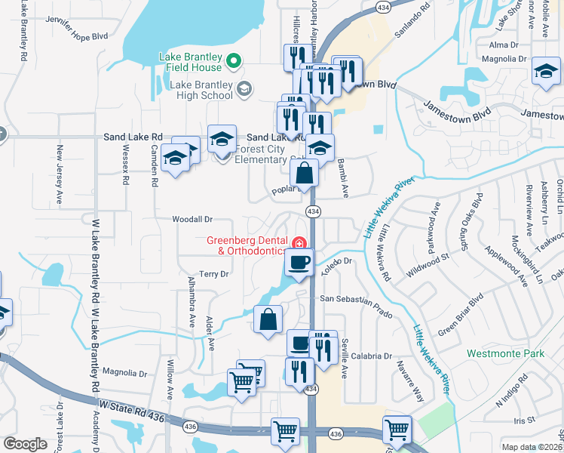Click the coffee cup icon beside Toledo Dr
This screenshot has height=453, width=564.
coord(299,262)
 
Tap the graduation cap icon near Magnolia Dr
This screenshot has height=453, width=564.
coord(545,72)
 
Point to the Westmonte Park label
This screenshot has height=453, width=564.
coord(505,353)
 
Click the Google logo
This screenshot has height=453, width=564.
coord(25,443)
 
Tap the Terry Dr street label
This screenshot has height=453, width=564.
coord(213,274)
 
